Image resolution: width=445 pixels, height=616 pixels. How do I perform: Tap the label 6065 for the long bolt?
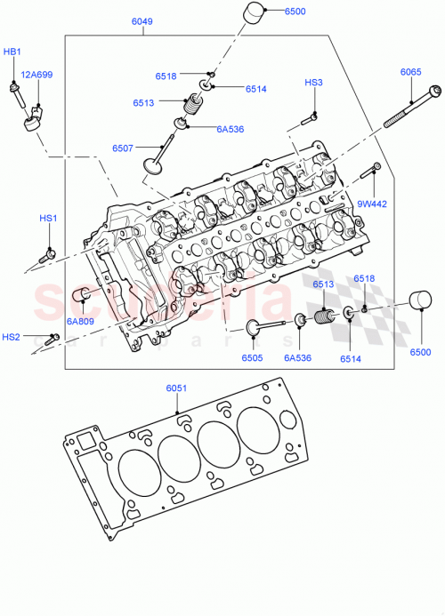pyautogui.click(x=410, y=72)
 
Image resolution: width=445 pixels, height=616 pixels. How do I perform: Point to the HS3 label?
pyautogui.click(x=313, y=83)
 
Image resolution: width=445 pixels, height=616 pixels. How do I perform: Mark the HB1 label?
pyautogui.click(x=12, y=52)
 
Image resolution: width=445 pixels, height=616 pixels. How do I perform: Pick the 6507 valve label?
pyautogui.click(x=124, y=148)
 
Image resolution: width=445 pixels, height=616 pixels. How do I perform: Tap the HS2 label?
pyautogui.click(x=11, y=337)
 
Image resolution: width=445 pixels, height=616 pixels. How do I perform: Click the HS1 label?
pyautogui.click(x=48, y=219)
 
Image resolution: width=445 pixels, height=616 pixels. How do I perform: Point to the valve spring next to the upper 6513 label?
pyautogui.click(x=190, y=110)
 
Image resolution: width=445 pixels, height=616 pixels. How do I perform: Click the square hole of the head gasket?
pyautogui.click(x=86, y=441)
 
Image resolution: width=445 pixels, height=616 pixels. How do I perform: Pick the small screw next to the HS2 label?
pyautogui.click(x=52, y=337)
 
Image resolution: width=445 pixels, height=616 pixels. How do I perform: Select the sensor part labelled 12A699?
pyautogui.click(x=29, y=115)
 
